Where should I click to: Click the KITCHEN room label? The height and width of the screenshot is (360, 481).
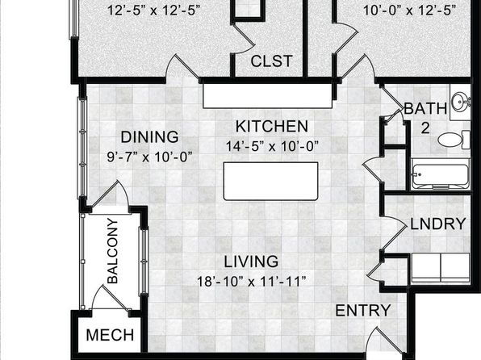tap(272, 127)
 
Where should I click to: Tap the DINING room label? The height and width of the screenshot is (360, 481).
tap(149, 137)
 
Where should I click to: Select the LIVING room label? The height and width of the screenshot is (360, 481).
tap(251, 262)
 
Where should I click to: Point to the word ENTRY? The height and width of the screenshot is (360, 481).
tap(363, 311)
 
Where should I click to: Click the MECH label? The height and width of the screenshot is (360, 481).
tap(110, 335)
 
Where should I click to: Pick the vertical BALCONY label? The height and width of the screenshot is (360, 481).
tap(112, 251)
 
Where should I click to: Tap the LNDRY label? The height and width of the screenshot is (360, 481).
tap(438, 224)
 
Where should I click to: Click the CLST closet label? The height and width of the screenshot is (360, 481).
tap(271, 61)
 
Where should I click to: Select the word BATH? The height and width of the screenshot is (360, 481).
tap(425, 108)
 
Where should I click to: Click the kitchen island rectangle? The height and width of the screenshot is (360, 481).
tap(270, 182)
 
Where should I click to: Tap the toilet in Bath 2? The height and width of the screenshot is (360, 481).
tap(454, 140)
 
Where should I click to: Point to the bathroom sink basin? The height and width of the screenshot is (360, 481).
tap(461, 100)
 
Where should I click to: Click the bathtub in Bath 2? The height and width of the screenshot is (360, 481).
tap(440, 176)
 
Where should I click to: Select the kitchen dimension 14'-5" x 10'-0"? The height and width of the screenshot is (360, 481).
tap(272, 146)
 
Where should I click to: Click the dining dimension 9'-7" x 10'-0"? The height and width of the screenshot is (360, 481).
tap(149, 157)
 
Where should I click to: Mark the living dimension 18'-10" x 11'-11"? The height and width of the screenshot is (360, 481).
tap(251, 282)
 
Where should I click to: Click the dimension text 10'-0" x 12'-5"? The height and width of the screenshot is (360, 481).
tap(409, 10)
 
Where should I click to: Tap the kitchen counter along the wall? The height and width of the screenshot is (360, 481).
tap(267, 96)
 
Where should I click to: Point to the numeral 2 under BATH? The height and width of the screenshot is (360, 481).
tap(425, 128)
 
